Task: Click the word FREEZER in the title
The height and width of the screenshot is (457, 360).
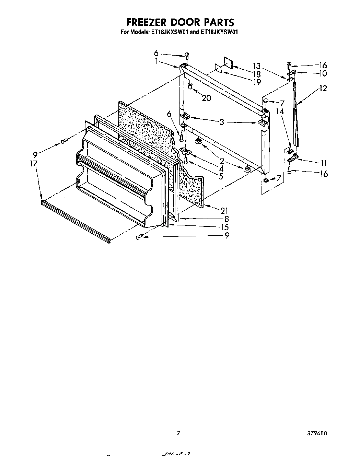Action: [146, 22]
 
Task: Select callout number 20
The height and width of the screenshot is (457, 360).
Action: [206, 98]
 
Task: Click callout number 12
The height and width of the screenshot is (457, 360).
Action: [323, 88]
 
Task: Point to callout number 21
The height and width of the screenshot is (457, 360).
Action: [224, 211]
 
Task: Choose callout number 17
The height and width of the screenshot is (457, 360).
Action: [33, 164]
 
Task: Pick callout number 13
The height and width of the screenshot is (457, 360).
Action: [257, 66]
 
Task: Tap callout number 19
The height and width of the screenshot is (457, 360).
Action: [257, 82]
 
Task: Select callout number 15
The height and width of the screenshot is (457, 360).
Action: [225, 227]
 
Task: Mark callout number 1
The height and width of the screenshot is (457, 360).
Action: [156, 61]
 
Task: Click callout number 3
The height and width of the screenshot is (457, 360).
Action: [222, 121]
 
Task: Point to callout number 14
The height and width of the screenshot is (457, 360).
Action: [280, 112]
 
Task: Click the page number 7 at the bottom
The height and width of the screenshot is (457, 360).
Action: [178, 433]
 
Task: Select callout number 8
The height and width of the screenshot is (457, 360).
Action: [226, 219]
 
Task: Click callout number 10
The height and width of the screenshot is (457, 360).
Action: [323, 73]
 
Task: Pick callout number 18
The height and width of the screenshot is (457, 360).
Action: [257, 74]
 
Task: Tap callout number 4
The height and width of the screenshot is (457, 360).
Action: [222, 168]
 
